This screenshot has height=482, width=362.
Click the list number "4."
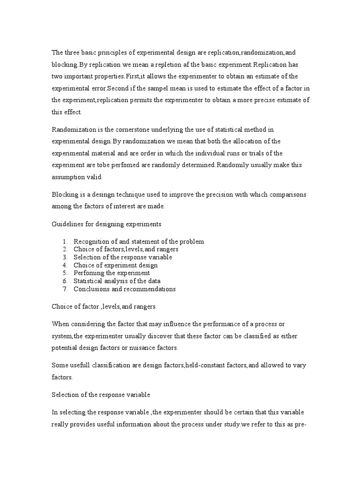click(65, 265)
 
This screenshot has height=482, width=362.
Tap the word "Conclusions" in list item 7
click(91, 289)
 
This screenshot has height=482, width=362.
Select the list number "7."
click(65, 289)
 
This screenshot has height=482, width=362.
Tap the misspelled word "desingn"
click(105, 194)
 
